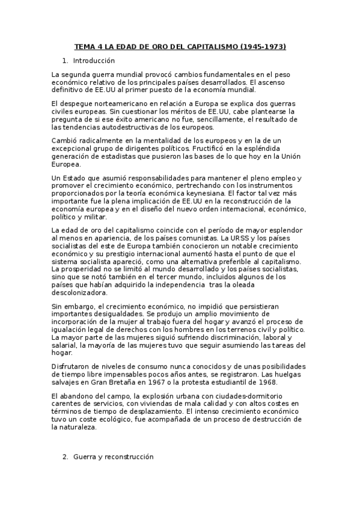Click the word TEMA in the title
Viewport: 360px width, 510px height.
(84, 46)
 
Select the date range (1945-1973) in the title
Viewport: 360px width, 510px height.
(263, 46)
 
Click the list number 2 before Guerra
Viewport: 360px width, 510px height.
(66, 457)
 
